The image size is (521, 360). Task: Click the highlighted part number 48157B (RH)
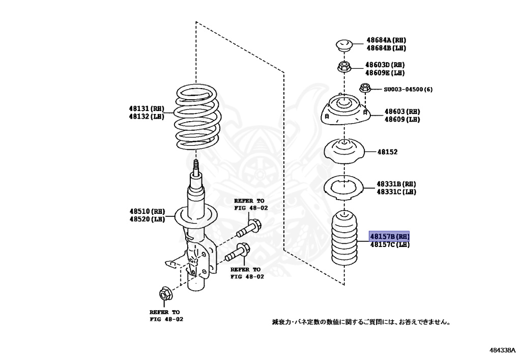pos(389,237)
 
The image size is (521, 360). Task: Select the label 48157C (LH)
pos(389,245)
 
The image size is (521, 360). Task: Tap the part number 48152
pos(387,152)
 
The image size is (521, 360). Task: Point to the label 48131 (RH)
pos(147,108)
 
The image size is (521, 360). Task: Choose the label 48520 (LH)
pos(147,219)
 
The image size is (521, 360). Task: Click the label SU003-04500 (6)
pos(408,90)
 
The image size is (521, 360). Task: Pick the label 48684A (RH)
pos(386,40)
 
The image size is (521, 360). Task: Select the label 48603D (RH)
pos(385,65)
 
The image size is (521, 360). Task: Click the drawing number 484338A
pos(503,350)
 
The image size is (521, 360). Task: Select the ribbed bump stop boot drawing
pos(346,242)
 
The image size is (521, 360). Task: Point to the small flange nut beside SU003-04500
pos(364,89)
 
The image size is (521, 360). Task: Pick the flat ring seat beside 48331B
pos(346,188)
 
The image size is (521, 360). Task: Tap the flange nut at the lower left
pos(165,294)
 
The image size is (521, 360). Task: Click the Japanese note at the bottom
pos(361,322)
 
